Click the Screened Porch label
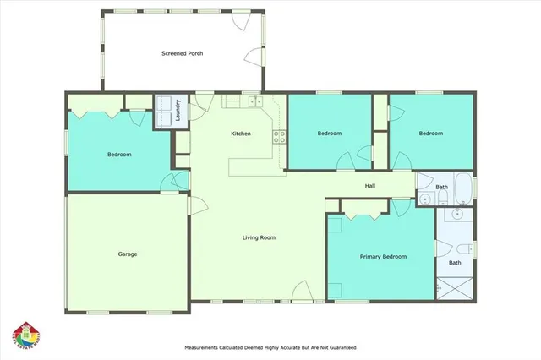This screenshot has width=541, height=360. click(182, 53)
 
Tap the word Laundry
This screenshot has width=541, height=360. click(178, 112)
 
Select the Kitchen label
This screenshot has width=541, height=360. click(242, 134)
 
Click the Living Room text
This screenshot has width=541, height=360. click(258, 237)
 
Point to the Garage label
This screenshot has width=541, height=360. click(128, 254)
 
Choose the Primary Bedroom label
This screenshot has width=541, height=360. click(383, 256)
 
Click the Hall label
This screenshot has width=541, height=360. click(369, 186)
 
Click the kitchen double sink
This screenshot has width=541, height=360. click(256, 102)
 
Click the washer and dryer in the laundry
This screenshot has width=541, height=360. click(164, 111)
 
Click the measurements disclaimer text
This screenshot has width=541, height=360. click(270, 347)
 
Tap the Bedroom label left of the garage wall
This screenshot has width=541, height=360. click(118, 155)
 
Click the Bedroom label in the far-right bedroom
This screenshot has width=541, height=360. click(431, 133)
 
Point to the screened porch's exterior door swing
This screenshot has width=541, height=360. click(253, 58)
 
